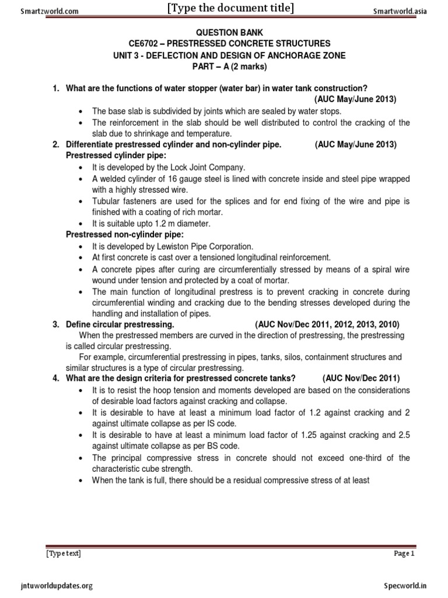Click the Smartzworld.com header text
point(41,11)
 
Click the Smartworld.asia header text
point(394,11)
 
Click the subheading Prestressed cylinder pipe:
point(108,156)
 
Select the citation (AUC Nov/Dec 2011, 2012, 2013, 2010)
point(327,324)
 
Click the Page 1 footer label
point(404,554)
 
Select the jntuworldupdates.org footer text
point(56,585)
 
